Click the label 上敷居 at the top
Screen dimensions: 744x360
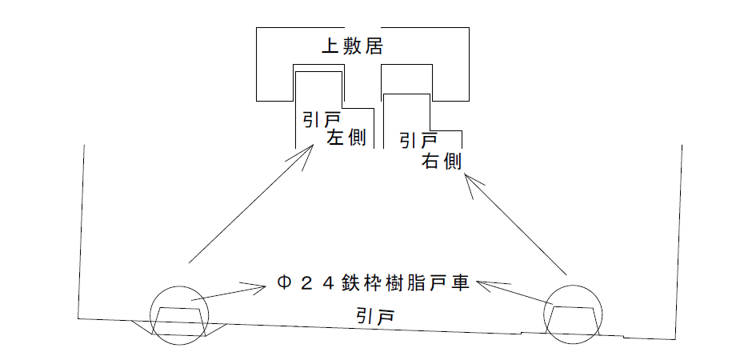coord(351,46)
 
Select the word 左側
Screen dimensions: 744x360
coord(346,138)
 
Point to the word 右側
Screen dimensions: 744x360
coord(442,162)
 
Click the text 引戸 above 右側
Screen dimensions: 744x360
coord(418,140)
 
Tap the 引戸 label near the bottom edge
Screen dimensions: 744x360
coord(375,315)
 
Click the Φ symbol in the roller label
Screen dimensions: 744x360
coord(284,284)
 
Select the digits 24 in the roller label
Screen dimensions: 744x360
coord(318,284)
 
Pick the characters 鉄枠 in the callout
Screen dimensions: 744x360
coord(358,284)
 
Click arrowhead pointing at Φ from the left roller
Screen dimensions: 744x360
coord(264,286)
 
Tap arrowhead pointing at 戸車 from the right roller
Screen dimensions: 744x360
coord(478,283)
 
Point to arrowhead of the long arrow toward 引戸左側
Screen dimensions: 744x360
coord(314,145)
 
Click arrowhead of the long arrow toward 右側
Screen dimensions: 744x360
coord(465,174)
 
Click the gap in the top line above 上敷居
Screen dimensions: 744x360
coord(363,27)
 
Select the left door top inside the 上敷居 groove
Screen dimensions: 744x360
coord(318,72)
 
